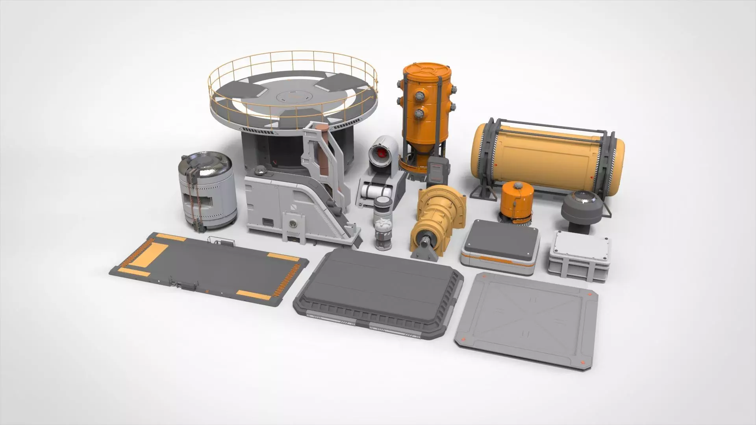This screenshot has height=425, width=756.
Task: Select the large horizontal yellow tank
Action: point(547,157)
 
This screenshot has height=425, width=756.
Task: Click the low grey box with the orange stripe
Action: point(499,248)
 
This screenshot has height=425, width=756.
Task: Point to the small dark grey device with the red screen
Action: point(438,170)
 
